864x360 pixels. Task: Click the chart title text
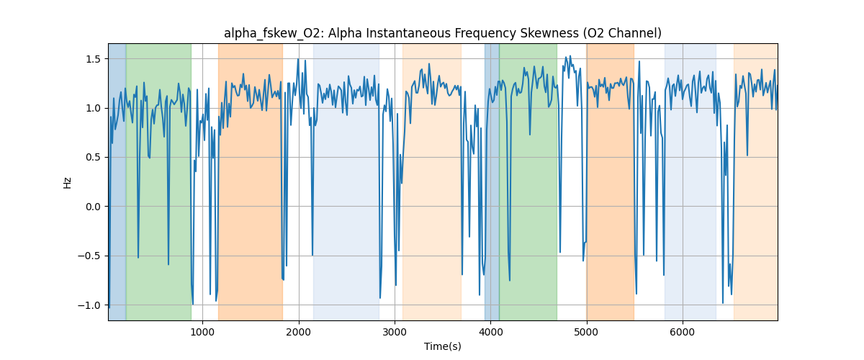(x=442, y=33)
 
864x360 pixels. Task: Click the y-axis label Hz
(x=68, y=182)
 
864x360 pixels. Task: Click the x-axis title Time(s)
(x=442, y=346)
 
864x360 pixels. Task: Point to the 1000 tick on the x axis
(x=202, y=331)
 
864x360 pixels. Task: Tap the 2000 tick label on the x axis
(x=299, y=331)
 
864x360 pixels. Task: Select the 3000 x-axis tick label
(x=395, y=331)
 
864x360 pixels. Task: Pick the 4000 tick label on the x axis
(x=490, y=331)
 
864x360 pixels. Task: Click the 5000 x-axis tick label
(x=586, y=331)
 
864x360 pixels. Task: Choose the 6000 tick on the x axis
(x=683, y=331)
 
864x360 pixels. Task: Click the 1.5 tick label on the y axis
(x=94, y=59)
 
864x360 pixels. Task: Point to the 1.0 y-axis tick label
(x=94, y=108)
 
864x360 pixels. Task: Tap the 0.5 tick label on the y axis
(x=94, y=157)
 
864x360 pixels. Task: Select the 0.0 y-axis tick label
(x=94, y=207)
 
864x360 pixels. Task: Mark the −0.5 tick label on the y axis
(x=91, y=256)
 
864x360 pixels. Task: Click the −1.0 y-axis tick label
(x=91, y=305)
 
